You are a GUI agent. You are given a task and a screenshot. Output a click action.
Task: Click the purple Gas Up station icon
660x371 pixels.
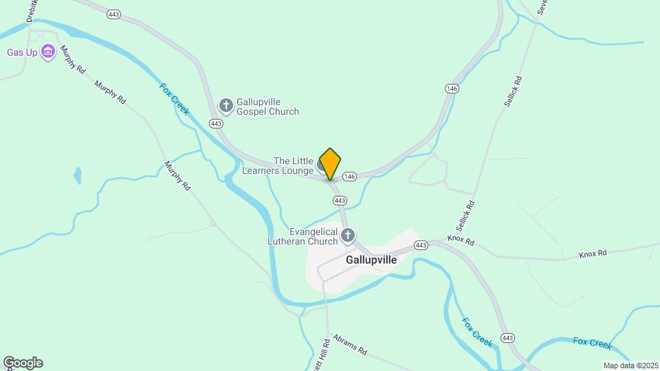pos(47,52)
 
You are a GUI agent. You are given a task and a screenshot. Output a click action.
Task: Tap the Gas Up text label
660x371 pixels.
pos(21,52)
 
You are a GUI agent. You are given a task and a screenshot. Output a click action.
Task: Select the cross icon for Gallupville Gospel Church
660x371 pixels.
pos(225,105)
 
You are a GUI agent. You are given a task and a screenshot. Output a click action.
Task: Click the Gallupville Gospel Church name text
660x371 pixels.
pos(267,106)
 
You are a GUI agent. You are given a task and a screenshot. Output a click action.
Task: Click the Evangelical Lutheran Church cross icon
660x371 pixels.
pos(348,236)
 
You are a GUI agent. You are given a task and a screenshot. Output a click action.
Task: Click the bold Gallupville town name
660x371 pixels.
pos(371,260)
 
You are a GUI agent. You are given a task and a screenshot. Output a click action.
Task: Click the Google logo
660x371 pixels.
pos(23,362)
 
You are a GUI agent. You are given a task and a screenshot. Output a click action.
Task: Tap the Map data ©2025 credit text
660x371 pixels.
pos(629,365)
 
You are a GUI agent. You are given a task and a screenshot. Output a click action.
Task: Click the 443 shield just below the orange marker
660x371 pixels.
pos(340,200)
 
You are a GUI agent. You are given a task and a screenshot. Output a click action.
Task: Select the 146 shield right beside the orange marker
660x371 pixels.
pos(349,177)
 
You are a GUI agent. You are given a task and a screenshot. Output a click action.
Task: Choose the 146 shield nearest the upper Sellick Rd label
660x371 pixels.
pos(452,89)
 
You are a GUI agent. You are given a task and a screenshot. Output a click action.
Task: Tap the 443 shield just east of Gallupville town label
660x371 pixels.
pos(421,245)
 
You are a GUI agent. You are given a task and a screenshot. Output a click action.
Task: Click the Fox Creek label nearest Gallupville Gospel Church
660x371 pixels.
pos(174,99)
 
